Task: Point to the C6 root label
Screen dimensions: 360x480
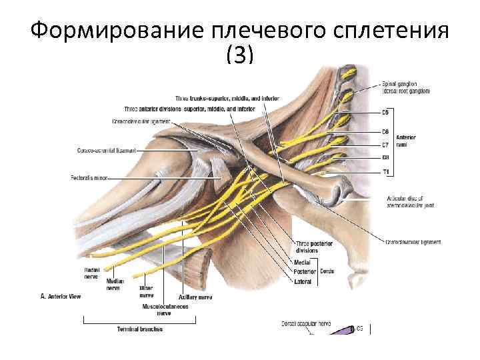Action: (x=385, y=131)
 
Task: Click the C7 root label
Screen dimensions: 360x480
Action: (x=385, y=145)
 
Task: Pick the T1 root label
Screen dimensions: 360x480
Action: (x=385, y=172)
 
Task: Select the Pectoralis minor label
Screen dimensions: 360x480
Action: (x=88, y=178)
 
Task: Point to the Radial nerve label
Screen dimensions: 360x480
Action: (x=92, y=273)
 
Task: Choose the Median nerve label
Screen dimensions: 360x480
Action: (x=115, y=285)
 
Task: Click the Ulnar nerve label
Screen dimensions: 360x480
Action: (x=146, y=291)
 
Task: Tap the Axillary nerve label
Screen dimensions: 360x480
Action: (x=195, y=297)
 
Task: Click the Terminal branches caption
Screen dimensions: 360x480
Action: (x=140, y=329)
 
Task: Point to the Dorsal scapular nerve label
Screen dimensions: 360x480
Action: (x=307, y=324)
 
